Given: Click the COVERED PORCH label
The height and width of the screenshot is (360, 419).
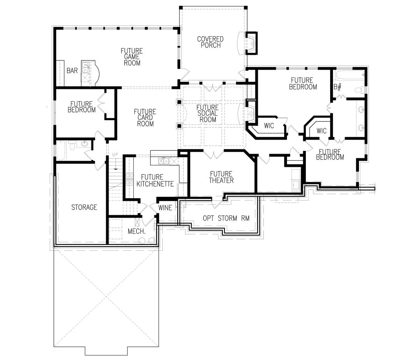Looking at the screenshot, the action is pyautogui.click(x=210, y=42).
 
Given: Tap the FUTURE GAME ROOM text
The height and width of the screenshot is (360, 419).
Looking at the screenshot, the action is pyautogui.click(x=132, y=57).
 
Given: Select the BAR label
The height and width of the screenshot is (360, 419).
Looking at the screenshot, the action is pyautogui.click(x=72, y=71).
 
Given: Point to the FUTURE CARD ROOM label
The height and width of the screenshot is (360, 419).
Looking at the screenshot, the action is pyautogui.click(x=145, y=118).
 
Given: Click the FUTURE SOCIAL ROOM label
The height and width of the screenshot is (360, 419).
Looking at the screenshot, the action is pyautogui.click(x=207, y=113).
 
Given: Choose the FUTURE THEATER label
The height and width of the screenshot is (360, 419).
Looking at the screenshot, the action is pyautogui.click(x=221, y=177).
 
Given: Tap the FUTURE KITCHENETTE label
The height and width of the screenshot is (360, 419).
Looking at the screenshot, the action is pyautogui.click(x=155, y=180).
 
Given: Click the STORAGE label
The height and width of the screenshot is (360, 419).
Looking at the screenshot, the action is pyautogui.click(x=84, y=207).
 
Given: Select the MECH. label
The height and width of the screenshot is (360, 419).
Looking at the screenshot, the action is pyautogui.click(x=137, y=231).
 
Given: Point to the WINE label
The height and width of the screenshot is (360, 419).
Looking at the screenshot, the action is pyautogui.click(x=165, y=208).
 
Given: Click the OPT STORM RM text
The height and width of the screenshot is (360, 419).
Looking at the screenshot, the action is pyautogui.click(x=226, y=218).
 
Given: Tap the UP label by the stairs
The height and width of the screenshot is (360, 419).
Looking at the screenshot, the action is pyautogui.click(x=115, y=155).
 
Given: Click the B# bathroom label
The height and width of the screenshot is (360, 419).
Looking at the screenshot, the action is pyautogui.click(x=338, y=87).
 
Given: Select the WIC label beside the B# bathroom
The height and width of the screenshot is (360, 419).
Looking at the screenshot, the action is pyautogui.click(x=322, y=131).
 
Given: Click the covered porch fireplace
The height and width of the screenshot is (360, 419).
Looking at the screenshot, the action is pyautogui.click(x=251, y=43).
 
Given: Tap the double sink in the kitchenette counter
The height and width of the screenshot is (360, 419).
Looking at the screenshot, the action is pyautogui.click(x=164, y=161).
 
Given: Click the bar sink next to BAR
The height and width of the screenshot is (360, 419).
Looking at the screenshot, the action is pyautogui.click(x=85, y=67).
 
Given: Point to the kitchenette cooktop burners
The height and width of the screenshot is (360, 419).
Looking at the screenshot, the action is pyautogui.click(x=130, y=179).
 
